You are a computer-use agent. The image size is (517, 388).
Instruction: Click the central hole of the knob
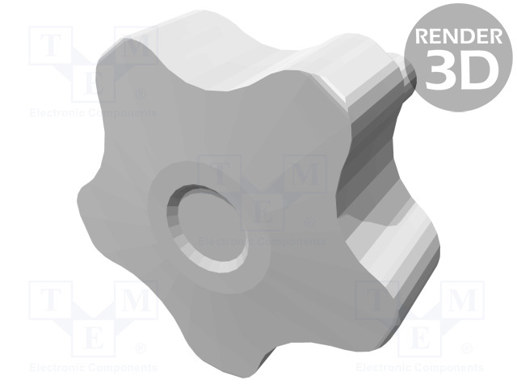[x=207, y=228]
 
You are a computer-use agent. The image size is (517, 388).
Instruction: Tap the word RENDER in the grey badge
[x=459, y=36]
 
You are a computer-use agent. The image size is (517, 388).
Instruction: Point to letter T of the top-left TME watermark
[x=50, y=45]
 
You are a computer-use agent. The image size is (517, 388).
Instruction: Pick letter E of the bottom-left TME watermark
[x=94, y=337]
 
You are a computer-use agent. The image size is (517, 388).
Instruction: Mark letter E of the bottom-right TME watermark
[x=419, y=337]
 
